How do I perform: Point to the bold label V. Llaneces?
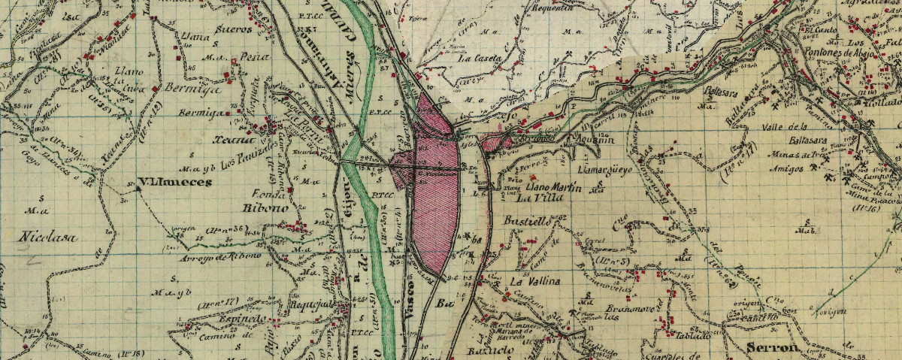[x=177, y=182]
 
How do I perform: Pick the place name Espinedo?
[x=222, y=319]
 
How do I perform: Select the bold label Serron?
[x=771, y=347]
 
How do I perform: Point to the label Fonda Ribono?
[x=260, y=199]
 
